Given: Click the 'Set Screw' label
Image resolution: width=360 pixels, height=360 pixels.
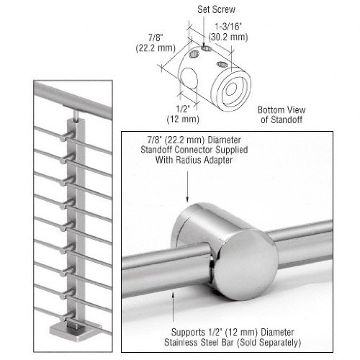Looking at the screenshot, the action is coord(216,9).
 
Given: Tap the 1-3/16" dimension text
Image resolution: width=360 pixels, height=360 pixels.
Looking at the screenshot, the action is coord(228,26).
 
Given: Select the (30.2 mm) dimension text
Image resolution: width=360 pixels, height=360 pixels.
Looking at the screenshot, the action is coord(228,37).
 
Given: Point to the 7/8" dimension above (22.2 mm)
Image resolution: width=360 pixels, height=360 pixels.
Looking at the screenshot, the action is coord(156,37).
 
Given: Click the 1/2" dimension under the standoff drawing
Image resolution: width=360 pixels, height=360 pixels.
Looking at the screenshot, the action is coord(183,109).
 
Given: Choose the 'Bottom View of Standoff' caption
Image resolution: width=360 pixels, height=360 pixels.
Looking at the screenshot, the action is coord(282,114).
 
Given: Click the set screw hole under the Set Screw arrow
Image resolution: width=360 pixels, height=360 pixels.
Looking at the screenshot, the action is coord(207,48).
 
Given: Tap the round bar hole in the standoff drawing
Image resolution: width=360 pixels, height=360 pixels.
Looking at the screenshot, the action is coord(188,77).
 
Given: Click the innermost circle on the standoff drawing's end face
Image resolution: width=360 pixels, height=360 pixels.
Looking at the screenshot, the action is coord(231,89).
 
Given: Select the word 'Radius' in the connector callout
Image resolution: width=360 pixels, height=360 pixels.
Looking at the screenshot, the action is coord(189,160).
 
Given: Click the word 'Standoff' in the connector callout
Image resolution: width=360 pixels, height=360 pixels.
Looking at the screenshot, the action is coord(156,150).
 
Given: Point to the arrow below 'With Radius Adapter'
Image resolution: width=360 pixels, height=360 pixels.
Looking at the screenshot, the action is coord(187,185).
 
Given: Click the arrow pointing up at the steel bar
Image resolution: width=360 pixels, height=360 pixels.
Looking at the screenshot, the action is coord(173,305).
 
